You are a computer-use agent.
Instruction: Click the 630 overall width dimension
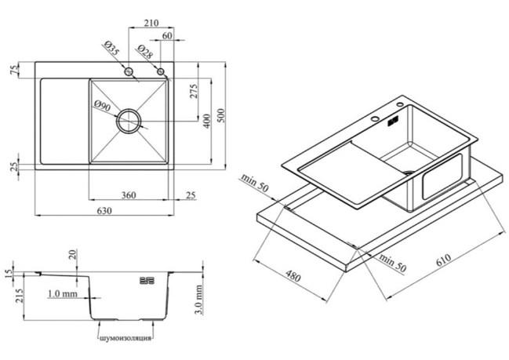104,211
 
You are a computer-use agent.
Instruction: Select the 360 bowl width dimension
129,195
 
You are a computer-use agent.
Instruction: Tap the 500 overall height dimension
221,115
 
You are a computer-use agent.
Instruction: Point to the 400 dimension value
207,121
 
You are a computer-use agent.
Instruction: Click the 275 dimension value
193,91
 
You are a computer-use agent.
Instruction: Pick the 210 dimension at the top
151,23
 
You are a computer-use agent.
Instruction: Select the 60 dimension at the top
167,36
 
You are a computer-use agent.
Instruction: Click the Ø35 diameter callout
111,48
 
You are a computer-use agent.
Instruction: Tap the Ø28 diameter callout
144,52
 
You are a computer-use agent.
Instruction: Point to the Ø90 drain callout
103,106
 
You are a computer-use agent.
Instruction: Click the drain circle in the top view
129,109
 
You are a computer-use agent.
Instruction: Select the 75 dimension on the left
15,70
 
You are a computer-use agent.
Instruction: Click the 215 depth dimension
19,296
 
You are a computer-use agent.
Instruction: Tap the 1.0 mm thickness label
63,294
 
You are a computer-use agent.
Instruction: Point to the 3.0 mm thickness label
199,300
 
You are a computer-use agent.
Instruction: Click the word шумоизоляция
125,338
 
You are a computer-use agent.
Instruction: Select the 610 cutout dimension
443,260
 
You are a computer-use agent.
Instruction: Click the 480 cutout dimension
293,276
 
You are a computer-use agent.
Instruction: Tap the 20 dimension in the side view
73,254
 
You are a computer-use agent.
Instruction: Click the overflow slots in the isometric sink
393,122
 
